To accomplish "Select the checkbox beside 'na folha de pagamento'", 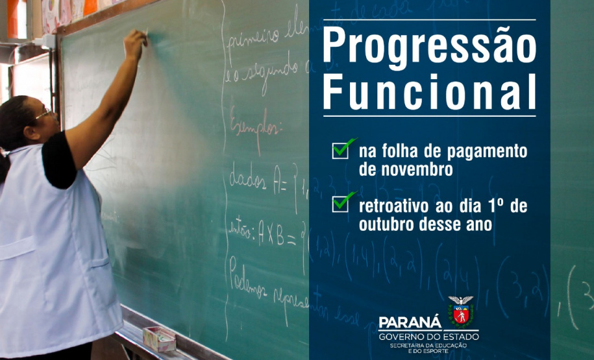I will coord(341,150).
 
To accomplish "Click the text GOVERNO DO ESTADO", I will coord(428,337).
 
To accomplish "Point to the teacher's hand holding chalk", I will coord(135,45).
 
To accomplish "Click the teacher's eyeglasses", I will coord(45,115).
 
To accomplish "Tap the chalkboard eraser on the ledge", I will coord(158,338).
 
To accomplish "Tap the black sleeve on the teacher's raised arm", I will coord(58,158).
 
